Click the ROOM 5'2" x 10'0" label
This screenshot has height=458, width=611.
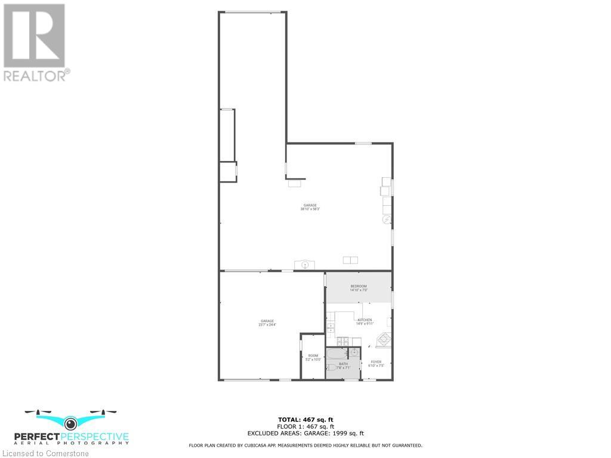pos(313,357)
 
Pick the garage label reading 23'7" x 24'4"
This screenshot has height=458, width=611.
pos(267,323)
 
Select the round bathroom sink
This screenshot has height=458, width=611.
pos(353,352)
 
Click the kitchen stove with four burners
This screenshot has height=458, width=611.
pos(343,341)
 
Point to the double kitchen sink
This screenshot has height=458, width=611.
pos(331,327)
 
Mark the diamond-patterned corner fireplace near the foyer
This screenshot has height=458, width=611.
pos(383,340)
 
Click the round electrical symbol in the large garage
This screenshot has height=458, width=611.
pos(386,219)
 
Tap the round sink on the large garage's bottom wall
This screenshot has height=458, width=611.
pos(305,264)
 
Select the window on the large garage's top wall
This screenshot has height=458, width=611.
pos(363,143)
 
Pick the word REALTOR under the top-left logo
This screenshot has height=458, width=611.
pos(36,76)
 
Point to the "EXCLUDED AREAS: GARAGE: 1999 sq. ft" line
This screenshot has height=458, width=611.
pos(305,434)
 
